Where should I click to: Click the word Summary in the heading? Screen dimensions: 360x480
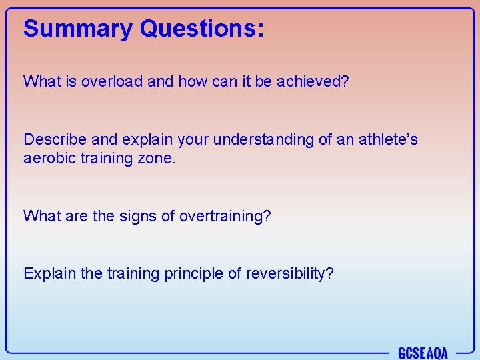[x=78, y=29]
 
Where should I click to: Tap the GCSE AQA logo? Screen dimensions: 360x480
[x=423, y=352]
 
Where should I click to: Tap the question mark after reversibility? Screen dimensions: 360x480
[x=329, y=274]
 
